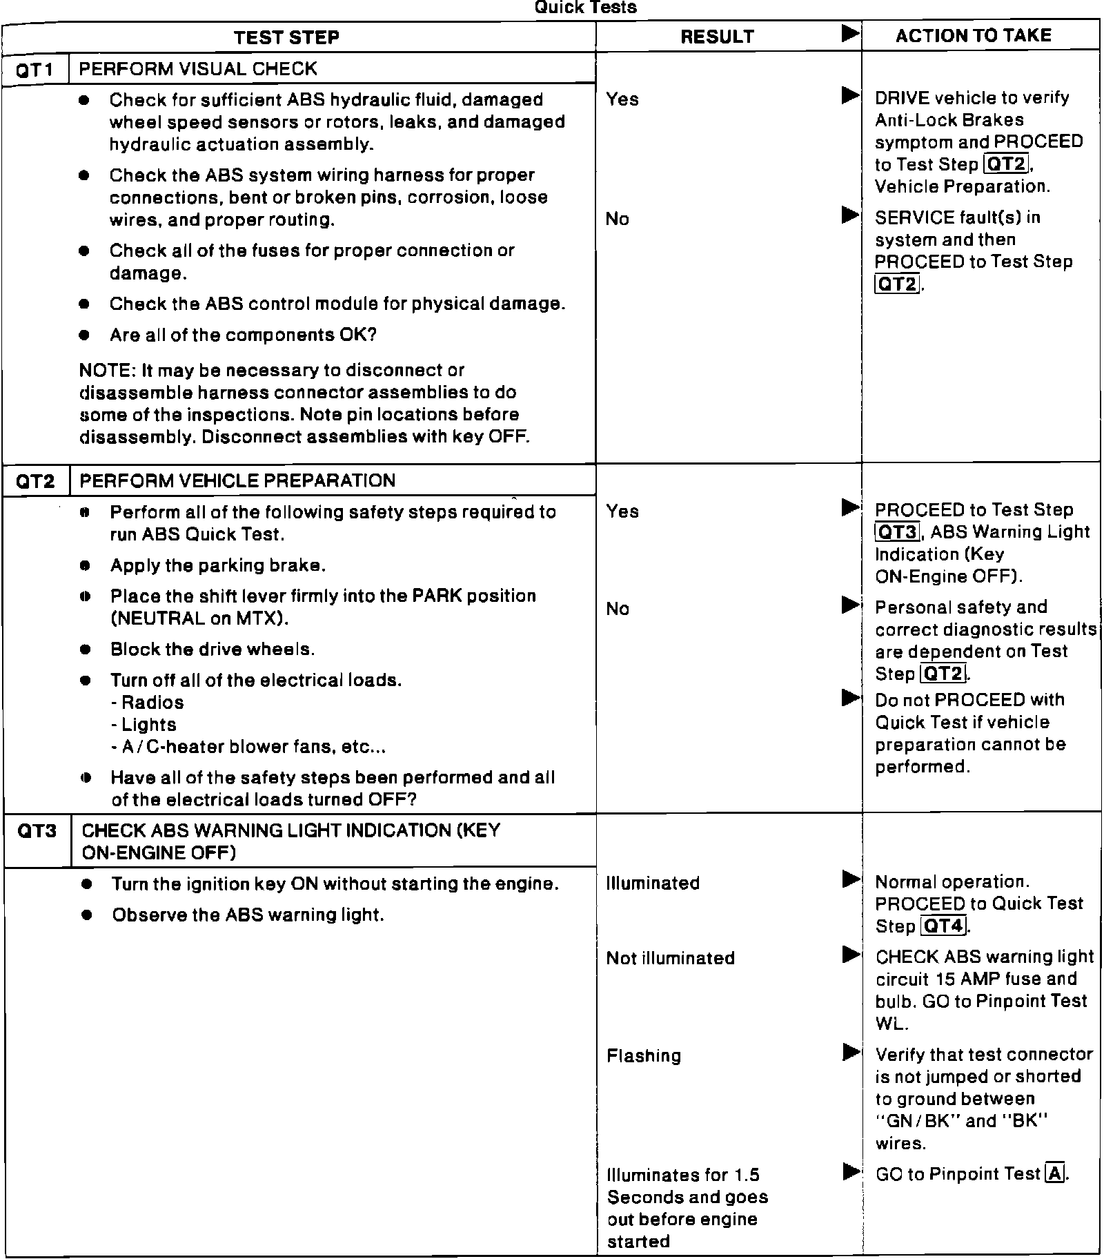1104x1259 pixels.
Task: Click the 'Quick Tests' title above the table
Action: tap(585, 8)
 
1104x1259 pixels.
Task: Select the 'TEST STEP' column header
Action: tap(286, 37)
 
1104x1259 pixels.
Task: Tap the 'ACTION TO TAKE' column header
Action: tap(973, 36)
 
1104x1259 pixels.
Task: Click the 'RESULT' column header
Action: tap(717, 37)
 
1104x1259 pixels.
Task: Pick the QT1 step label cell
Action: tap(34, 70)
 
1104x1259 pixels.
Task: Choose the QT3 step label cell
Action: tap(37, 830)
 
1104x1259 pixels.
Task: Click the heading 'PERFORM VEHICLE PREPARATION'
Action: tap(237, 481)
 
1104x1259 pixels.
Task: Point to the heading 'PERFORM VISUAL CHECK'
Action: tap(198, 69)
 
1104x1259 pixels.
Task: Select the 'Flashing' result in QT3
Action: tap(643, 1056)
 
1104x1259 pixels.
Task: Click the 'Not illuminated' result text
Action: tap(670, 958)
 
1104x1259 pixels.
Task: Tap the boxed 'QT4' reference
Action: tap(944, 926)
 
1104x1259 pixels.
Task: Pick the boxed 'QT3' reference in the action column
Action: tap(897, 532)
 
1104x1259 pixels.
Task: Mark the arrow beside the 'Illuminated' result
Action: tap(851, 879)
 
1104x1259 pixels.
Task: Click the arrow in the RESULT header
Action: tap(851, 33)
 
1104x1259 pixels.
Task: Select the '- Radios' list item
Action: tap(147, 703)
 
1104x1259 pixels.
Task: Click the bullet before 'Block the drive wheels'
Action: tap(85, 650)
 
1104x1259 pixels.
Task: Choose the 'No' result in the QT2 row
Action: tap(618, 609)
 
